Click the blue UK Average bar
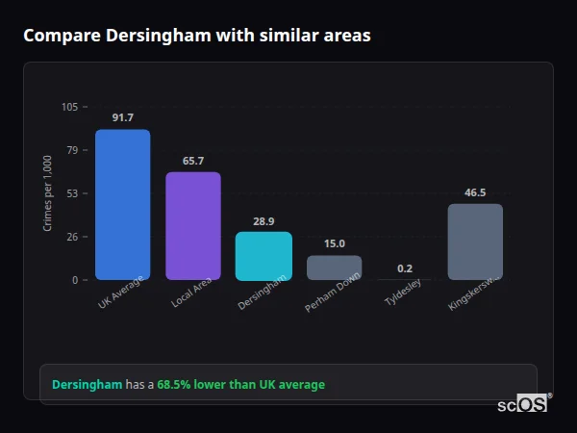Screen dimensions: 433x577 [122, 205]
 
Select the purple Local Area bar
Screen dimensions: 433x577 [193, 226]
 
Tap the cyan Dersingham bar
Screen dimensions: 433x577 [263, 256]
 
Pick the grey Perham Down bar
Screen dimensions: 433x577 [334, 267]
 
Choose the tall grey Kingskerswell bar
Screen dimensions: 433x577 [475, 242]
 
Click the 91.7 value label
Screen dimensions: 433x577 [122, 117]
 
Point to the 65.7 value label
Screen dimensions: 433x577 [193, 161]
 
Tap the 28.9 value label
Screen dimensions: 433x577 [263, 220]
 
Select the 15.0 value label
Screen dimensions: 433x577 [334, 243]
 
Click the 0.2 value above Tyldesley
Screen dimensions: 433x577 [405, 268]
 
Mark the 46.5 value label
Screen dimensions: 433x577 [475, 192]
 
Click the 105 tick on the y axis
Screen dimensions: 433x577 [70, 107]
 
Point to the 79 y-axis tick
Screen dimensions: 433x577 [73, 150]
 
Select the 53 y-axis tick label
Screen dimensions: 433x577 [73, 193]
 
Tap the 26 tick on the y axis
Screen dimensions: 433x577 [73, 237]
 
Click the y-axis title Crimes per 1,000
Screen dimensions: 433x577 [48, 193]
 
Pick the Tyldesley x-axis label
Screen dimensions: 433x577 [404, 294]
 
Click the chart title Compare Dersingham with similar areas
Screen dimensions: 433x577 [197, 36]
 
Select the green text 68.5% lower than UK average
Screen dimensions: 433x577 [240, 385]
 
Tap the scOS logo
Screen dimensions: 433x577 [522, 405]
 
